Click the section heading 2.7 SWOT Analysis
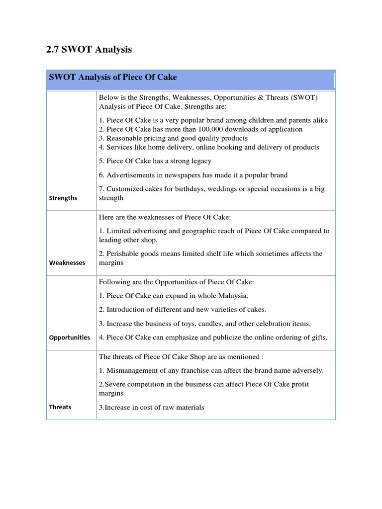tap(89, 49)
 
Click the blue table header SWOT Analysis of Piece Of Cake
tap(112, 78)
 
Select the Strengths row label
tap(63, 198)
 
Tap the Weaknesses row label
tap(67, 262)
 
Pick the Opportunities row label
tap(70, 337)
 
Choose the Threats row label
tap(60, 407)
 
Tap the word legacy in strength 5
tap(199, 161)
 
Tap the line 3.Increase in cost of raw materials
tap(151, 408)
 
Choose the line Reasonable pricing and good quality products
tap(173, 138)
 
